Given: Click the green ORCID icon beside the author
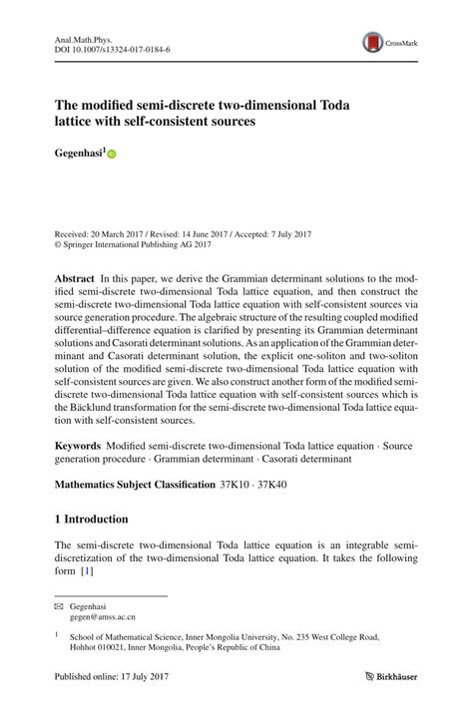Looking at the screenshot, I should tap(112, 156).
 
